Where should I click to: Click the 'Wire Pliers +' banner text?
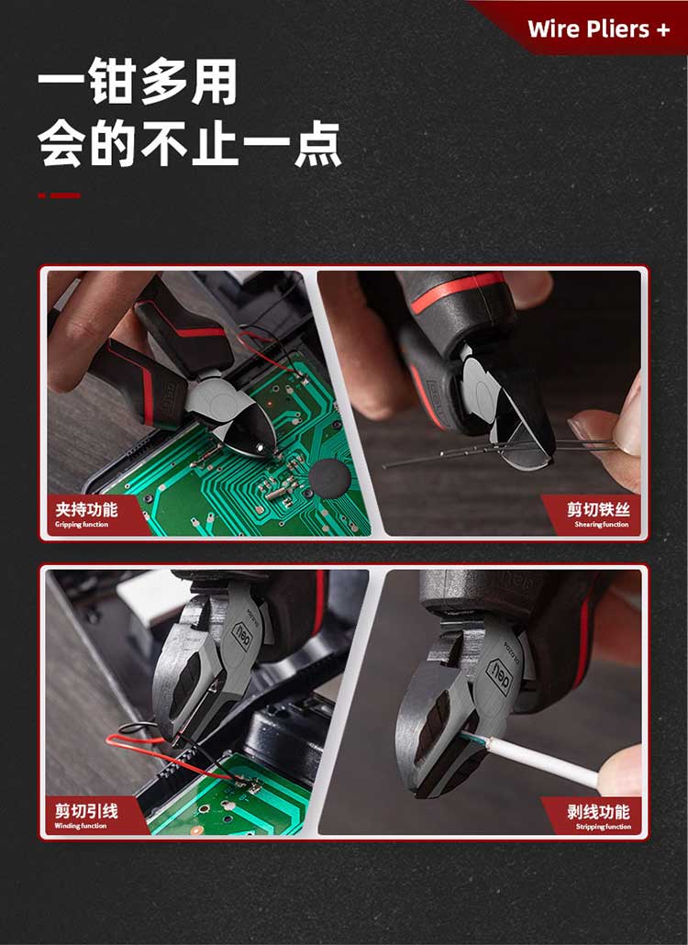coord(598,29)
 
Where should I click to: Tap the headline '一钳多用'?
coord(138,82)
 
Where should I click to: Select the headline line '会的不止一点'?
coord(190,144)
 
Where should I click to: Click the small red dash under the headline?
coord(59,195)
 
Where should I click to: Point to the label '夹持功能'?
coord(86,509)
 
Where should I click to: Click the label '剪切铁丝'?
coord(598,509)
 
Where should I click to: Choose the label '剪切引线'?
coord(86,811)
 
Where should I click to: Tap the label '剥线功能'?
coord(598,811)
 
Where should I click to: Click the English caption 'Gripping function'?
coord(82,524)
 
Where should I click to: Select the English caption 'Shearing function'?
coord(601,524)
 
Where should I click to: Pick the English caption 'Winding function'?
coord(80,826)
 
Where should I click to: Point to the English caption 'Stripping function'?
coord(603,827)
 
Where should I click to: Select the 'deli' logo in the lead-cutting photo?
coord(241,637)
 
